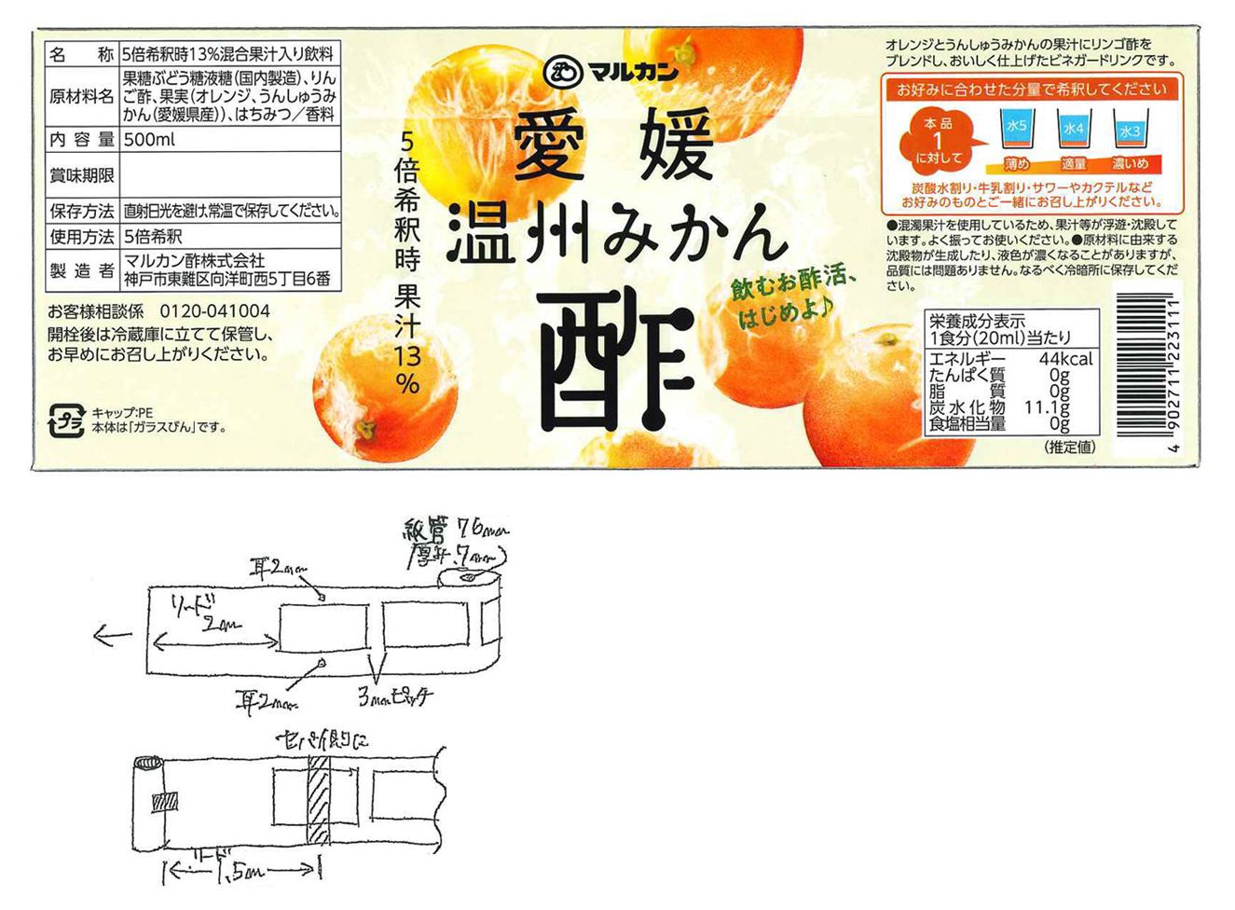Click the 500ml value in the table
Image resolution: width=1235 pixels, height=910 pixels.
pyautogui.click(x=149, y=140)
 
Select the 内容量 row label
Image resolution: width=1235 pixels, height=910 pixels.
pyautogui.click(x=81, y=140)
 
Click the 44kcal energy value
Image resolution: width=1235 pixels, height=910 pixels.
pyautogui.click(x=1065, y=360)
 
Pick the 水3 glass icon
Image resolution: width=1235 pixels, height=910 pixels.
pyautogui.click(x=1130, y=132)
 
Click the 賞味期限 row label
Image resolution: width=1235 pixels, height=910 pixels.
pyautogui.click(x=81, y=175)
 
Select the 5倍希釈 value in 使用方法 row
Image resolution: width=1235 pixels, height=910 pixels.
pyautogui.click(x=153, y=236)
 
